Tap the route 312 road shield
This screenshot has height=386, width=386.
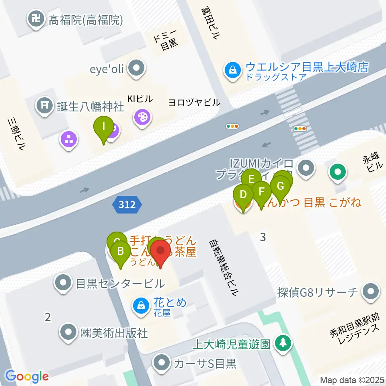point(127,205)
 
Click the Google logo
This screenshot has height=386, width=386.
point(27,376)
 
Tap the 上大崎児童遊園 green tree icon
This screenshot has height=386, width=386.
point(284,343)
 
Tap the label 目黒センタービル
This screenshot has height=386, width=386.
point(120,283)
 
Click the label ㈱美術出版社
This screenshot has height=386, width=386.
point(114,333)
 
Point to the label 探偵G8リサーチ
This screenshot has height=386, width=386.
point(318,292)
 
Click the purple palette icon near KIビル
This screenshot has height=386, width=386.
point(142,117)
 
